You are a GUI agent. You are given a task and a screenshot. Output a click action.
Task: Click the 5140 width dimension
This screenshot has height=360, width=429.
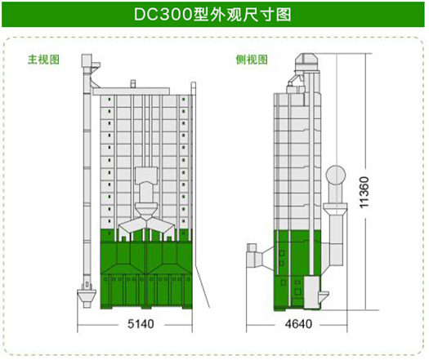pos(141,324)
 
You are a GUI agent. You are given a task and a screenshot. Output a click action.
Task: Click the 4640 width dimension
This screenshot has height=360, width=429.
pos(298,324)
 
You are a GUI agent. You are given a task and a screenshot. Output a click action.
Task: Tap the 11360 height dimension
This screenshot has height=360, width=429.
pos(364,193)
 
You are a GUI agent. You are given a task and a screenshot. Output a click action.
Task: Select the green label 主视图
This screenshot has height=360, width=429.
pos(43,60)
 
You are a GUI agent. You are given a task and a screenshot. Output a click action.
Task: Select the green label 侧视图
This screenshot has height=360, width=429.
pos(252,60)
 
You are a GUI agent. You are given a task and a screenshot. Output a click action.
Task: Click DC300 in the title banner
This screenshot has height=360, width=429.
pos(163,15)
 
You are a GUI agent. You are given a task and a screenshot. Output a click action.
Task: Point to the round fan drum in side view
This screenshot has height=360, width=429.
pos(336,176)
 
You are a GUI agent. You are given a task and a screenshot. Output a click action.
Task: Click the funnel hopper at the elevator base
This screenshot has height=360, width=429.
pos(87,296)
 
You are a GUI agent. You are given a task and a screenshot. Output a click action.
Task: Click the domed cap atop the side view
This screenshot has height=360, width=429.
pos(306,62)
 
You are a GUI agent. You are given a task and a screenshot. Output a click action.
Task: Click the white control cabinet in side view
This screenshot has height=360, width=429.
pos(312,292)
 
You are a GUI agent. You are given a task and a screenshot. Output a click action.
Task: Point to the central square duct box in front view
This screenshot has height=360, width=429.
pos(146,176)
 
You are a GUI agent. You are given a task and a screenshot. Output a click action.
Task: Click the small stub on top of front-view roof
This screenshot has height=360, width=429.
pos(133,83)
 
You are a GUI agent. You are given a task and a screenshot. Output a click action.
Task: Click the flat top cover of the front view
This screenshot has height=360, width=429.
pos(131,91)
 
